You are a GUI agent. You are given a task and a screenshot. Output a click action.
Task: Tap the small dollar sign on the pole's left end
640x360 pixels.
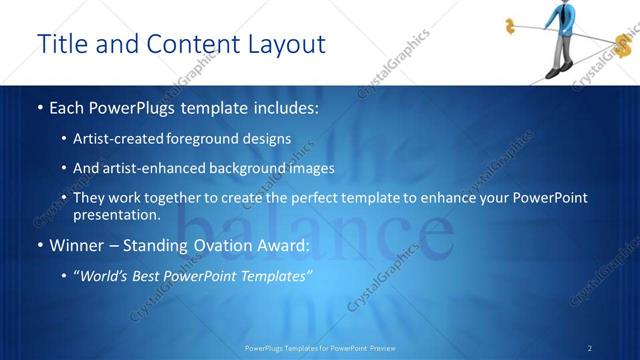tap(510, 25)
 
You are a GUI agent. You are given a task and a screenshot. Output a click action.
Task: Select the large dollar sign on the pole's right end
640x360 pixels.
tap(626, 45)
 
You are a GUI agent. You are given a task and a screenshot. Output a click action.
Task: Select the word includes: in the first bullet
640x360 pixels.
tap(281, 106)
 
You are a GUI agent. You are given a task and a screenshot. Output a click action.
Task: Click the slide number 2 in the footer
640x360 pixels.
tap(590, 347)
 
